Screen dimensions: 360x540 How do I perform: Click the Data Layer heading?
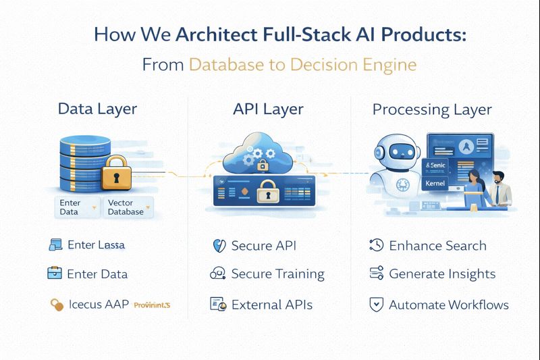tap(97, 109)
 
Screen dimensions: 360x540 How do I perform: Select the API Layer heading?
tap(269, 109)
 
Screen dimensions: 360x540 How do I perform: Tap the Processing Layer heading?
tap(432, 109)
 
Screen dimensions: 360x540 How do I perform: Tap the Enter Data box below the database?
tap(70, 207)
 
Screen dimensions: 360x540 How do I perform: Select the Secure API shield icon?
tap(218, 246)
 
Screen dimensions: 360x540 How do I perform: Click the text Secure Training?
tap(277, 274)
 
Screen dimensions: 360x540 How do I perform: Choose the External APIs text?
tap(271, 305)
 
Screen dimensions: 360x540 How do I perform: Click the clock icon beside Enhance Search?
tap(376, 246)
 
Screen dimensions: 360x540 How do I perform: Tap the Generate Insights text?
tap(442, 274)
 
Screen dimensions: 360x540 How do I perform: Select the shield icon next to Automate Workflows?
tap(376, 305)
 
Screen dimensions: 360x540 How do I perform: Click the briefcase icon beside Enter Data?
tap(55, 274)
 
